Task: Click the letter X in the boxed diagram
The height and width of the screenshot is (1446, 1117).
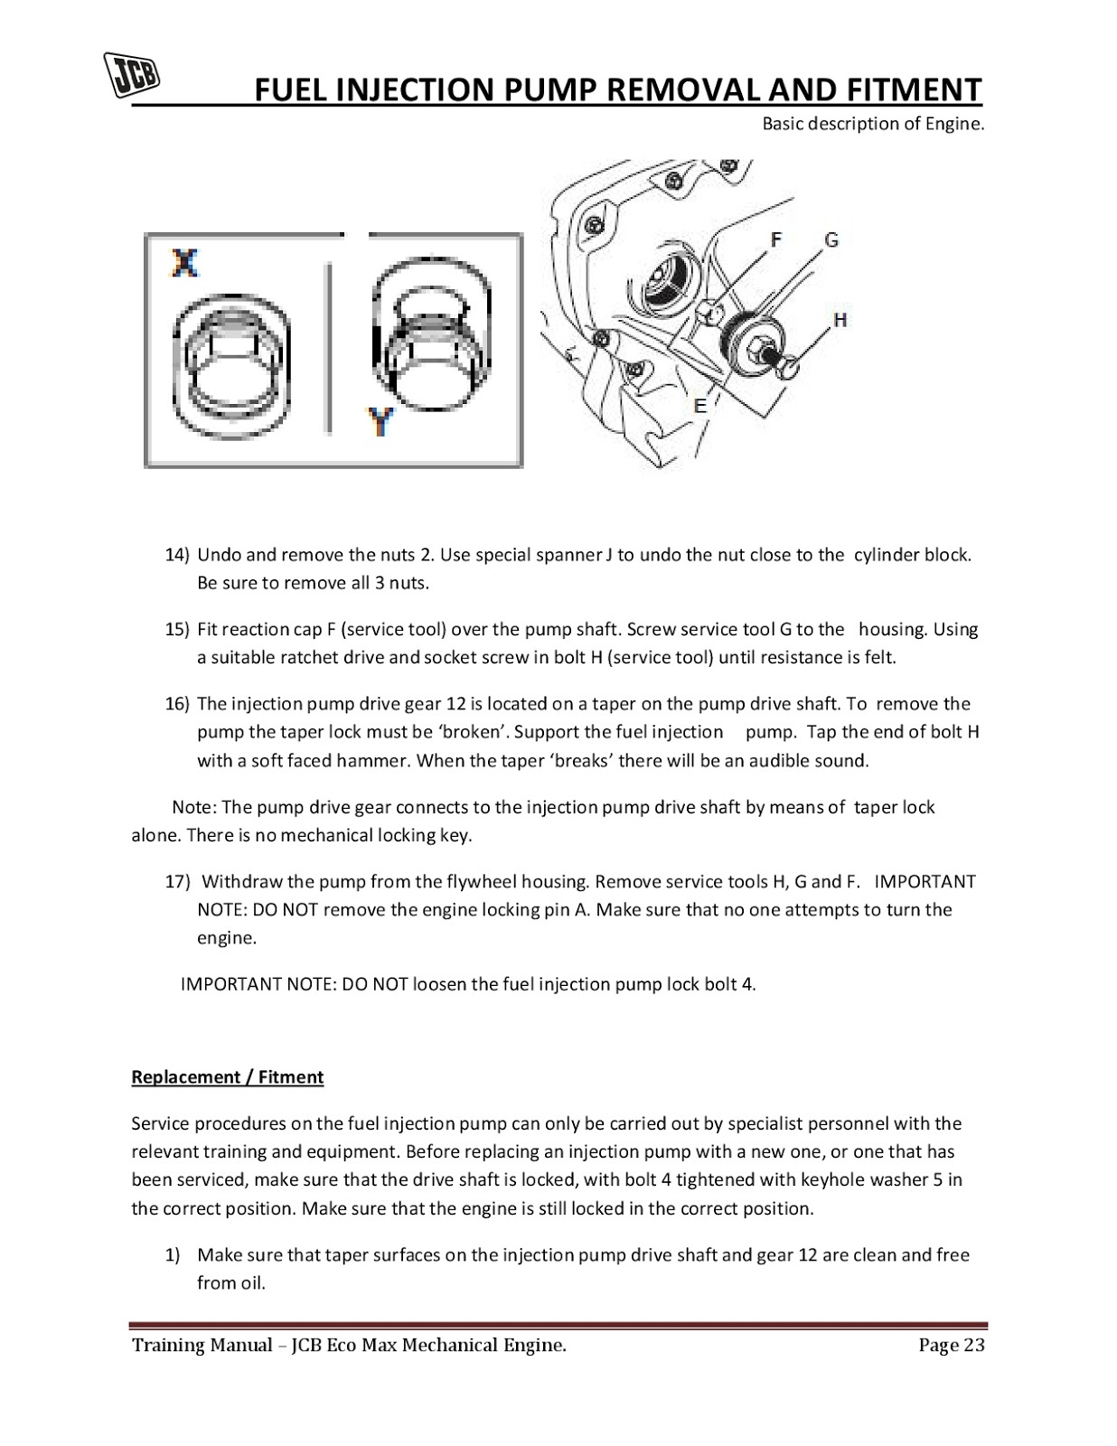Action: [x=184, y=262]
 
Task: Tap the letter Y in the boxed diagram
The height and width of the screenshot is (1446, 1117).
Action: [x=381, y=421]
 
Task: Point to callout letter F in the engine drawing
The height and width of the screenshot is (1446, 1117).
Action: [x=775, y=239]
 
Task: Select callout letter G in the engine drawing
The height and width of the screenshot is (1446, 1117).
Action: [x=831, y=239]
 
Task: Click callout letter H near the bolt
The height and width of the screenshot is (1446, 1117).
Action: [x=840, y=320]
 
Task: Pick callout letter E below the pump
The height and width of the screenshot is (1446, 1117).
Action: [x=699, y=406]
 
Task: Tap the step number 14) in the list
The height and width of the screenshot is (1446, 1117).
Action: [x=177, y=555]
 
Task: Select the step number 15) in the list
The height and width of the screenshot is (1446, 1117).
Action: [x=177, y=629]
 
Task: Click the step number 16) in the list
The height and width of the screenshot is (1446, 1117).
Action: [x=177, y=704]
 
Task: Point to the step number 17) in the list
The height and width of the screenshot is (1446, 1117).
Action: [x=177, y=881]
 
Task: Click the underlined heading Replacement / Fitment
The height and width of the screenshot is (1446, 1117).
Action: [x=227, y=1077]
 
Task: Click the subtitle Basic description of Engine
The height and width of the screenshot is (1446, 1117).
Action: [x=872, y=124]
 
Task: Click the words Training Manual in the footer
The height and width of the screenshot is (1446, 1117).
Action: [x=202, y=1345]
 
